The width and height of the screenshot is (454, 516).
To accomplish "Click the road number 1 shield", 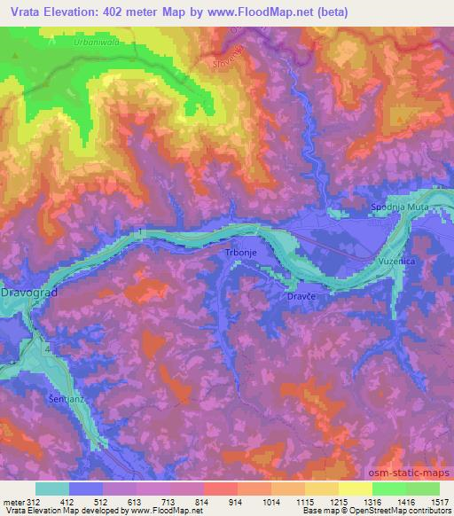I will (x=142, y=232).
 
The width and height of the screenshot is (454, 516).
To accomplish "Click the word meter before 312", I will (x=12, y=501).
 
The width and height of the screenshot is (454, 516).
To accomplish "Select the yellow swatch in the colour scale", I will (x=356, y=488).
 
